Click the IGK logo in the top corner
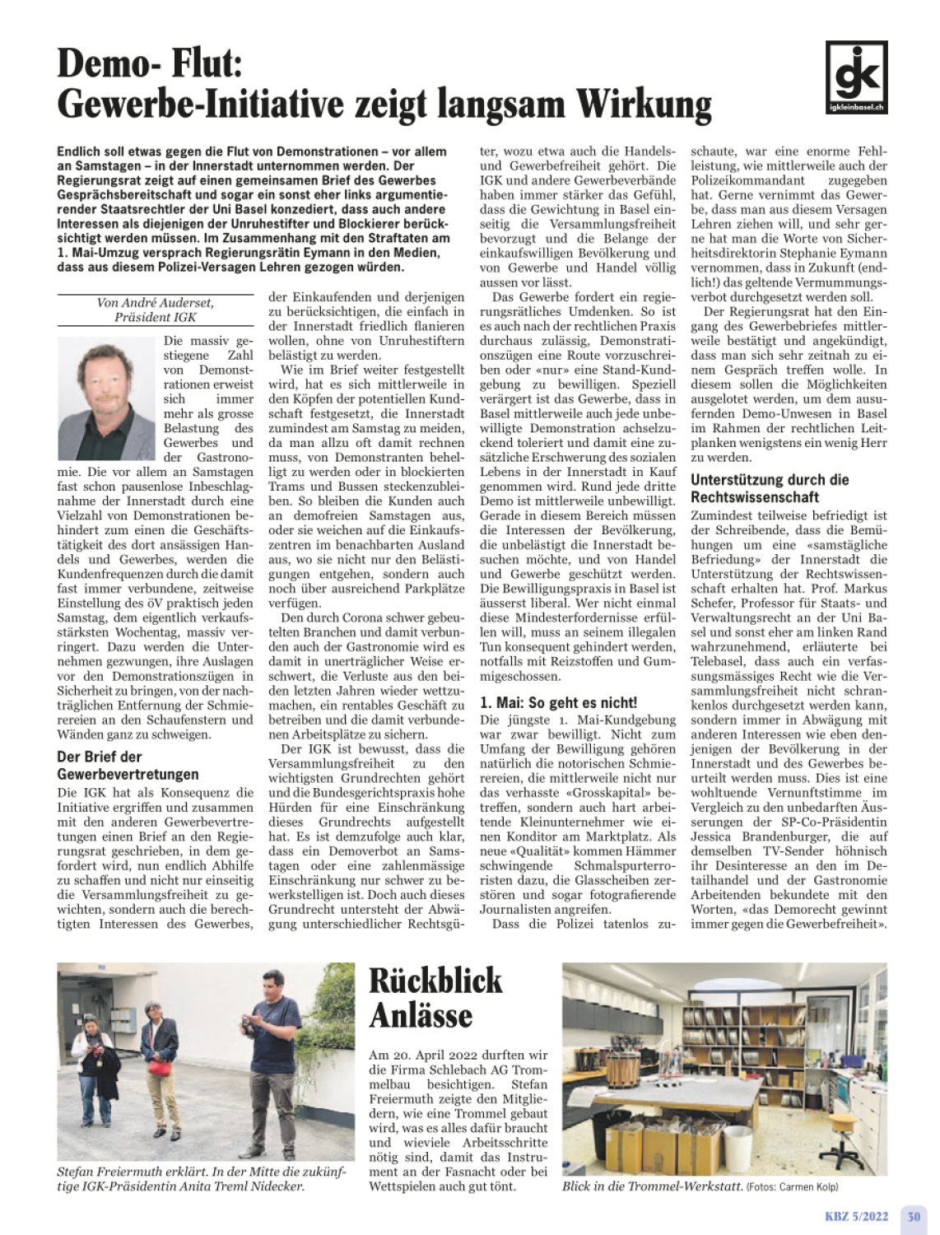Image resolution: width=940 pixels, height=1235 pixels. pyautogui.click(x=856, y=77)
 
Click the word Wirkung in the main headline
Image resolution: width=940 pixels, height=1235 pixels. pyautogui.click(x=643, y=105)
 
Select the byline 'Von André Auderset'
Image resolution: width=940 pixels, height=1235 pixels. pyautogui.click(x=155, y=302)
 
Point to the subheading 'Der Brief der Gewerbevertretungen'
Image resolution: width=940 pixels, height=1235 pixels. pyautogui.click(x=128, y=765)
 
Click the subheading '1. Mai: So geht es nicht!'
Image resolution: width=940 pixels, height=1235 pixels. pyautogui.click(x=558, y=702)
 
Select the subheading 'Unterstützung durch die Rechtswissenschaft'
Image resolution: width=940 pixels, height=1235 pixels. pyautogui.click(x=770, y=488)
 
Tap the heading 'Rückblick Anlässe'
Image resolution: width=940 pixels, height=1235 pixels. pyautogui.click(x=435, y=997)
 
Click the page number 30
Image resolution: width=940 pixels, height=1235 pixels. pyautogui.click(x=914, y=1216)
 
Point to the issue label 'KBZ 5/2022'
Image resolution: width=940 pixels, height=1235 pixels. pyautogui.click(x=857, y=1216)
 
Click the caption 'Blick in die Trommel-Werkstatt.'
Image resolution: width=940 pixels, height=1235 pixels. pyautogui.click(x=652, y=1186)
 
